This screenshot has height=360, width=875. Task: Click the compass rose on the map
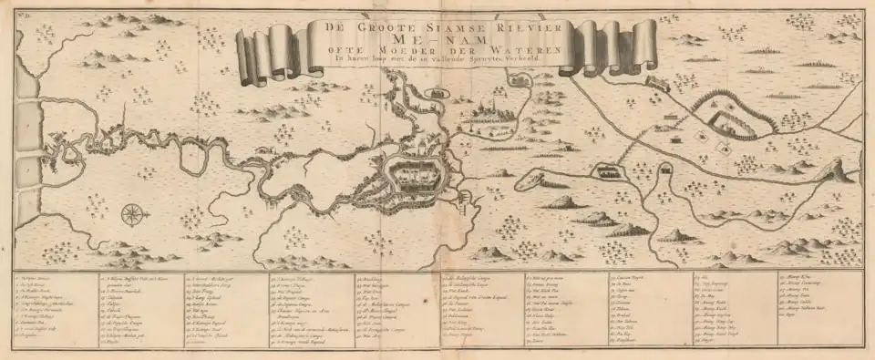[133, 215]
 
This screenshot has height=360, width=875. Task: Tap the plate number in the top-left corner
[19, 17]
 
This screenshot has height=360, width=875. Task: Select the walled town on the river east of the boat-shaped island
[606, 170]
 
